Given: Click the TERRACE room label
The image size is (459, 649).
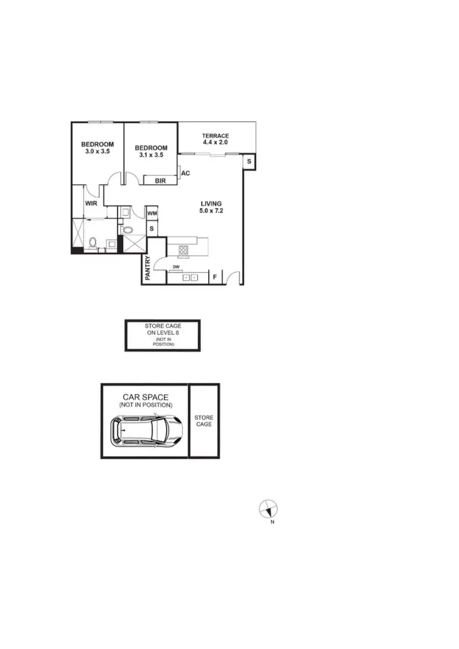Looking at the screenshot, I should tap(215, 139).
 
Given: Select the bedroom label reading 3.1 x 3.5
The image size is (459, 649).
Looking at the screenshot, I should tap(151, 151).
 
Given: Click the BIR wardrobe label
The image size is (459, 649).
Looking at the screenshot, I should tap(160, 181).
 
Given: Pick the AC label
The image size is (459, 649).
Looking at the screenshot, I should tap(185, 173).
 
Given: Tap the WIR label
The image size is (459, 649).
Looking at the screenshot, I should tap(92, 203).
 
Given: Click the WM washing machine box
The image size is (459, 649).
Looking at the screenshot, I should tap(152, 213).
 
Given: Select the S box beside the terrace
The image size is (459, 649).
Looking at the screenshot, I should tap(250, 162).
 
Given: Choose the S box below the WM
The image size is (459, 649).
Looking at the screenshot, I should tap(152, 228).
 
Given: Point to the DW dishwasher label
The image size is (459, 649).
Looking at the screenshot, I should tap(176, 267).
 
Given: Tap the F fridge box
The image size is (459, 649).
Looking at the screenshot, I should tap(215, 277).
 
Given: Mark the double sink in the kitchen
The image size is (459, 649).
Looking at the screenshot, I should tap(191, 277).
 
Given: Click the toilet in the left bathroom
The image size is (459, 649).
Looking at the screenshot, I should tap(93, 242).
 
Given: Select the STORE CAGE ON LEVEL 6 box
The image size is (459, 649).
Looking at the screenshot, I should tap(163, 335).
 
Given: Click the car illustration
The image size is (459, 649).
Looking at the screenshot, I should tap(146, 431).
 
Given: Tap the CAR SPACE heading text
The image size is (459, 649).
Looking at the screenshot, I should tap(146, 397).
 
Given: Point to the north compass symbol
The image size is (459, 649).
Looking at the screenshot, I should tap(268, 508).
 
